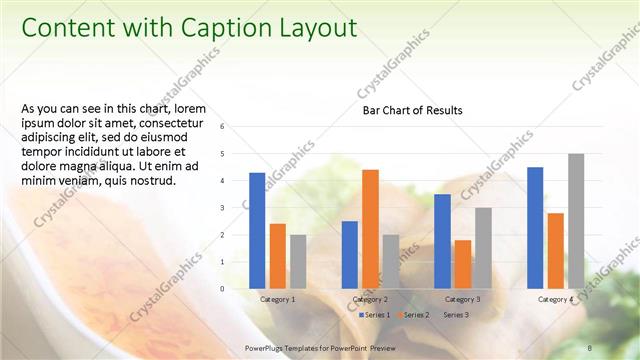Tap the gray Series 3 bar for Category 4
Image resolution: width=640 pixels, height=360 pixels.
coord(576,221)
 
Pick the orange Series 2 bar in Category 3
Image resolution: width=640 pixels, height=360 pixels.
coord(463,264)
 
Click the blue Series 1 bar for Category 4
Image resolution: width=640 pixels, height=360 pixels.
coord(535,228)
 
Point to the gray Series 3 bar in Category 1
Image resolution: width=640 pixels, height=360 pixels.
coord(298,262)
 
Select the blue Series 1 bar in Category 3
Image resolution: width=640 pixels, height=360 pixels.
coord(442,241)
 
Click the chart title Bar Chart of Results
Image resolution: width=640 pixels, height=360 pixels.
coord(412,110)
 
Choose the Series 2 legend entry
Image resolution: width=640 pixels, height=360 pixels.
coord(413,315)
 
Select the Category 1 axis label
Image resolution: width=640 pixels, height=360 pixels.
coord(277,299)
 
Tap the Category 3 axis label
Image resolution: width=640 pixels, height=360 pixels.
coord(462,299)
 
